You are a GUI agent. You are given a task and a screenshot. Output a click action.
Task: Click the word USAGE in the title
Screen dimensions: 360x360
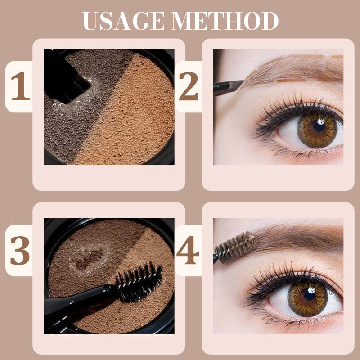tap(123, 21)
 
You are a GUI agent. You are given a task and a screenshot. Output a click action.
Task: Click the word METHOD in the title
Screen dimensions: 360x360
tap(225, 21)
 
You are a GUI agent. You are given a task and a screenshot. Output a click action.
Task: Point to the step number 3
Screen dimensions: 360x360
tap(20, 251)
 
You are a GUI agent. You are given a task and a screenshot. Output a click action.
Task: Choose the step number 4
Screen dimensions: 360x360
tap(188, 250)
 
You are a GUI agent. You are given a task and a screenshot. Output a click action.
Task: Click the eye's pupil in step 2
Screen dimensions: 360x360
tap(319, 126)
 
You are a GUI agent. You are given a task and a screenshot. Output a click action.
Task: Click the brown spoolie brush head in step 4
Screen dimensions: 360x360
tap(236, 247)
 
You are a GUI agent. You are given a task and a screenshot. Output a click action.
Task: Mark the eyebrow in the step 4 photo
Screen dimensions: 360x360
tap(298, 239)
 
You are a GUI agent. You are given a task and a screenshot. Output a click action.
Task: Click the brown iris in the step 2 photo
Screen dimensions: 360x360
tap(317, 130)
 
